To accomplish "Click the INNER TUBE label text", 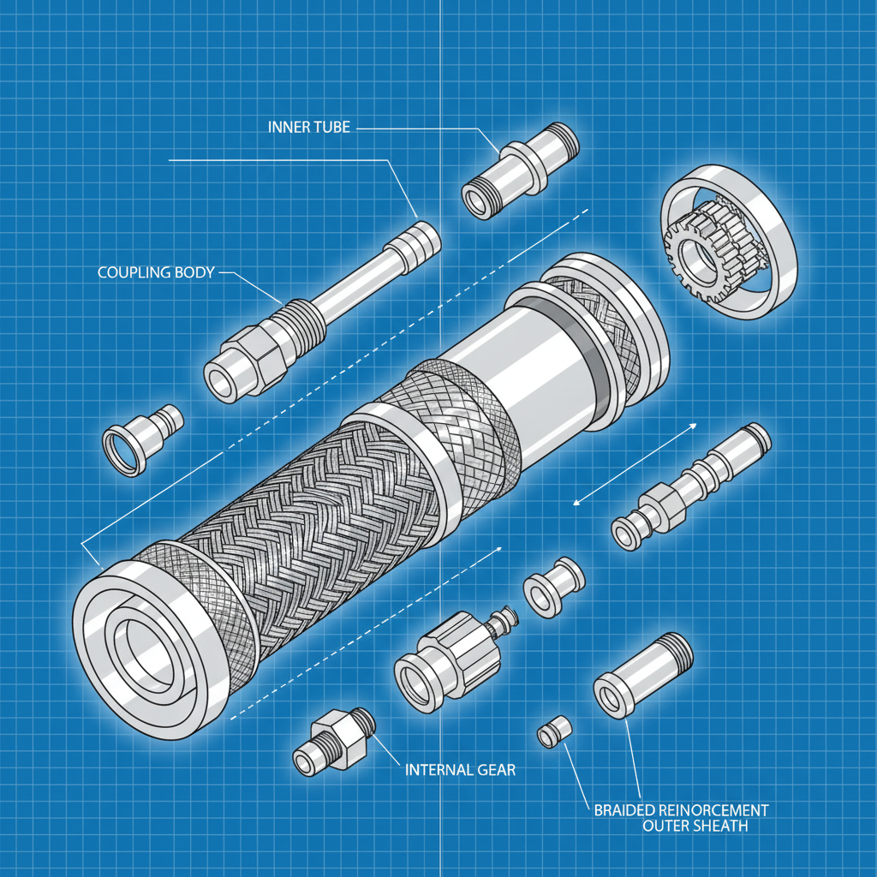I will [x=309, y=128].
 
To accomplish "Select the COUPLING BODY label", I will [x=154, y=272].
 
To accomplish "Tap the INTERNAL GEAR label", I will [x=460, y=769].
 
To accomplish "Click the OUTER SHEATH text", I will [x=695, y=826].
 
